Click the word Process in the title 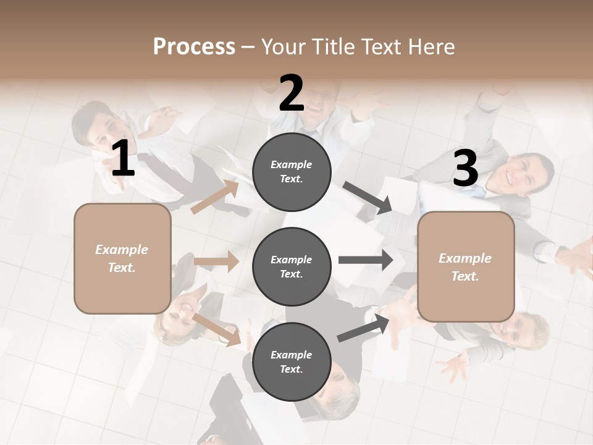[194, 47]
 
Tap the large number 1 [123, 158]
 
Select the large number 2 [292, 93]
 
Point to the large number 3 [465, 168]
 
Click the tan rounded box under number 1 [122, 258]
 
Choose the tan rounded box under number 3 [466, 267]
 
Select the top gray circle [292, 172]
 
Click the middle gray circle [292, 266]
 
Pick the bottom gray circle [292, 362]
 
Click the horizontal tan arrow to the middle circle [216, 261]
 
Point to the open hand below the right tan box [455, 368]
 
